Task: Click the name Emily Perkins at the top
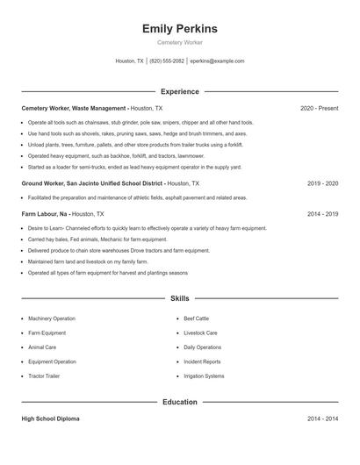coord(179,29)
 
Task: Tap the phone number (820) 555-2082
coord(167,61)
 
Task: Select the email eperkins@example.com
coord(217,61)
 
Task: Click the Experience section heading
coord(179,91)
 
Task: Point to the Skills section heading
coord(179,298)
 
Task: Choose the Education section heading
coord(179,402)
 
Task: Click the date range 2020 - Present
coord(319,108)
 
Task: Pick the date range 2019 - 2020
coord(323,183)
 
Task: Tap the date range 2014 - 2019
coord(323,213)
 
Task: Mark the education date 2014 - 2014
coord(323,419)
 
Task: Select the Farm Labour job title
coord(44,213)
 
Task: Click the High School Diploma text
coord(50,419)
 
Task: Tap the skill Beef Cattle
coord(197,318)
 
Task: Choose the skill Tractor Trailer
coord(45,376)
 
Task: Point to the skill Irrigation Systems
coord(204,376)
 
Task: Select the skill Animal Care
coord(42,347)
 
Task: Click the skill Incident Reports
coord(202,361)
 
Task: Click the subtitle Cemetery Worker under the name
coord(179,43)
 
